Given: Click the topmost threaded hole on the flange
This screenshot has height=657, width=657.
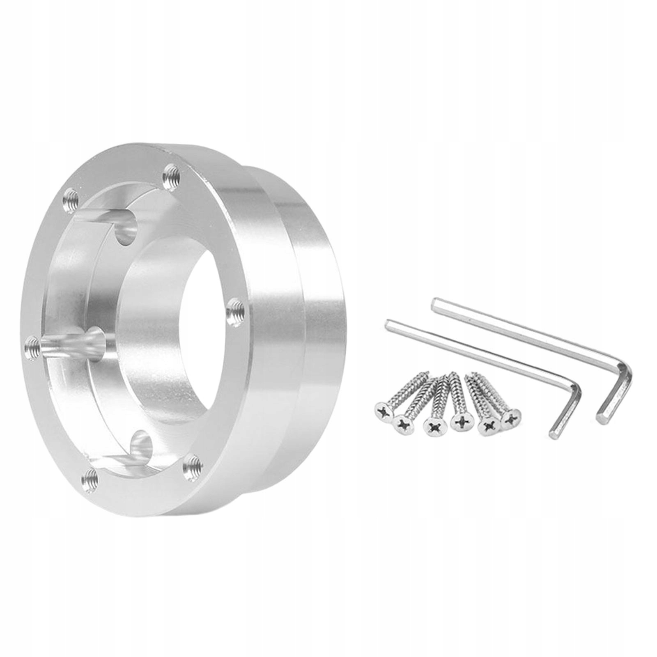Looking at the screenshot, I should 170,177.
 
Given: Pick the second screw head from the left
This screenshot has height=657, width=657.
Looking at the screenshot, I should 402,423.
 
